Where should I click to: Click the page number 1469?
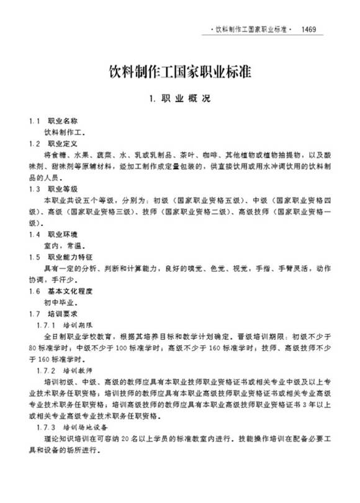tap(312, 29)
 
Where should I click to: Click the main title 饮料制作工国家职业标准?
tap(180, 70)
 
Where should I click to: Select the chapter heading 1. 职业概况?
tap(180, 98)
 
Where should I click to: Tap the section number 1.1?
tap(34, 120)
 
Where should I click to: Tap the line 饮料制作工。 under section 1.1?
tap(64, 132)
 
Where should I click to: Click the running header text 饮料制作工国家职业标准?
tap(251, 29)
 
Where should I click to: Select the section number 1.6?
tap(34, 291)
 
